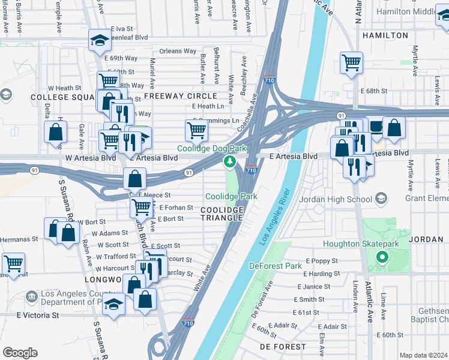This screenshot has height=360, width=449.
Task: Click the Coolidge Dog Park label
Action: tap(211, 148)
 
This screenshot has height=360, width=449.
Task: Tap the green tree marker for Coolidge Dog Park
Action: tap(229, 161)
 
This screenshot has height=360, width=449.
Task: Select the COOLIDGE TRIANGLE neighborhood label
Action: tap(223, 214)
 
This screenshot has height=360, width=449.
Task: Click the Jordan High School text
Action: tap(340, 199)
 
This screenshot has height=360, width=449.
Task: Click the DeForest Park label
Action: tap(276, 265)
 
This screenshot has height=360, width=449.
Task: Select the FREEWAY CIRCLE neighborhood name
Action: tap(179, 96)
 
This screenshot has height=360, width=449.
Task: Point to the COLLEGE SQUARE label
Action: tap(59, 97)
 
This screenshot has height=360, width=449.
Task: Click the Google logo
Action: tap(20, 353)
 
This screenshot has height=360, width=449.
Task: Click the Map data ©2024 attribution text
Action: tap(423, 355)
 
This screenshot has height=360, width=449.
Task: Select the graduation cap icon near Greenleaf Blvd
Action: tap(100, 40)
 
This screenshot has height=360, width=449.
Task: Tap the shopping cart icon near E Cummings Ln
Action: tap(196, 130)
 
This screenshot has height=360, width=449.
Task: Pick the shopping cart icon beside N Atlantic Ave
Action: tap(351, 62)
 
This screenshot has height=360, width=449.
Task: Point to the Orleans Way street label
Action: tap(178, 51)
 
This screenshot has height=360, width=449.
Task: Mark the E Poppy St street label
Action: tap(323, 261)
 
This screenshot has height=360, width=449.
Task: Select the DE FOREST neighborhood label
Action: tap(282, 347)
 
